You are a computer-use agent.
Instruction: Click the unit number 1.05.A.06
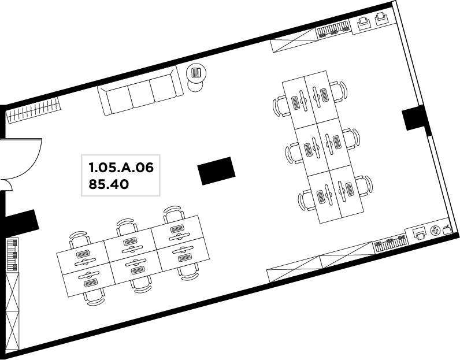(x=121, y=168)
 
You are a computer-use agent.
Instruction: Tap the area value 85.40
(x=109, y=184)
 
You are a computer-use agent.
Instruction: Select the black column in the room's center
(x=217, y=171)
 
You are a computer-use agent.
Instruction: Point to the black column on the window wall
(x=414, y=118)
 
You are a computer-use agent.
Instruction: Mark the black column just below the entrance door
(x=21, y=220)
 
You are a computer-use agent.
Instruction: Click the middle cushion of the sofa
(x=142, y=92)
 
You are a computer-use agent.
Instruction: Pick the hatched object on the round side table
(x=196, y=72)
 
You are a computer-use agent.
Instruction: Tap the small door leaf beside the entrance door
(x=6, y=185)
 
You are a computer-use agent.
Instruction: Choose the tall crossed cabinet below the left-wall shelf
(x=12, y=311)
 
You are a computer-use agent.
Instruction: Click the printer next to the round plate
(x=420, y=233)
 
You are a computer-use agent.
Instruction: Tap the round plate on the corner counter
(x=435, y=231)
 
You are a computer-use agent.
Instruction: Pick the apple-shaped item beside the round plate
(x=447, y=229)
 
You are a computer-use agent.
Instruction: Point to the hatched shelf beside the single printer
(x=391, y=243)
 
